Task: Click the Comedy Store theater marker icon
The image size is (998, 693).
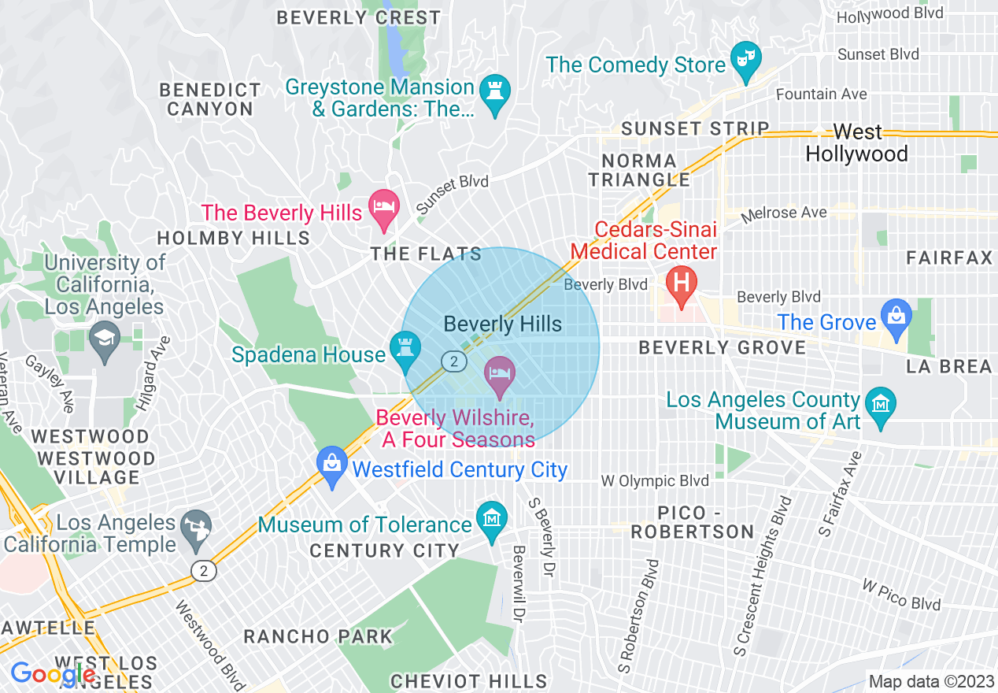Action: [x=744, y=61]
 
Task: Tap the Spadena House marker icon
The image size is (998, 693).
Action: [x=405, y=350]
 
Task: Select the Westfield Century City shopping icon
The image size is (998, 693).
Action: [x=332, y=465]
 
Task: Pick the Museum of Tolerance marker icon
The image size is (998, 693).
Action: [x=492, y=521]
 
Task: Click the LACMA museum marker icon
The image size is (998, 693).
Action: [x=880, y=403]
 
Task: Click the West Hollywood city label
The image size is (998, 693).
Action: [x=856, y=143]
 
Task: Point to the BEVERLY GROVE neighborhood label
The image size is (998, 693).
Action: [x=723, y=347]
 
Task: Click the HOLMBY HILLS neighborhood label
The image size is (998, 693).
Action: [x=234, y=238]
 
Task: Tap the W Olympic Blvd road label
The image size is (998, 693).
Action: [x=654, y=480]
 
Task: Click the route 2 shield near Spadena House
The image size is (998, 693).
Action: [x=453, y=361]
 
